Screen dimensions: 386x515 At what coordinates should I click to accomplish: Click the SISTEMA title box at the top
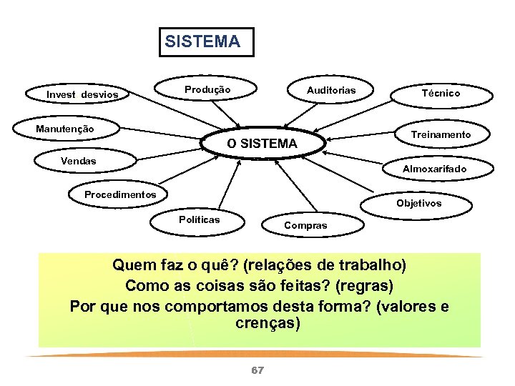202,41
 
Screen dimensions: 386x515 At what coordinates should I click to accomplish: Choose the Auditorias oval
330,90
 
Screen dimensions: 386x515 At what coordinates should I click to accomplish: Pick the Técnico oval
441,93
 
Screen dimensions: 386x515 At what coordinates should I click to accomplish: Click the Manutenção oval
65,129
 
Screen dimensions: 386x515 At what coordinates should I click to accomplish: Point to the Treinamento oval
441,134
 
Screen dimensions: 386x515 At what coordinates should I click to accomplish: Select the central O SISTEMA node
262,144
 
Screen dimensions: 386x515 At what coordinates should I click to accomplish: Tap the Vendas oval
78,161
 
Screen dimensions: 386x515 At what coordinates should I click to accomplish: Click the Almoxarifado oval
435,169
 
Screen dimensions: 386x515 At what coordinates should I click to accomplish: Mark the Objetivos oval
419,203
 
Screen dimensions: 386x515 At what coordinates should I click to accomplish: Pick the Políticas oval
199,219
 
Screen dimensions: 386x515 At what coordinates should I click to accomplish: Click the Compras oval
305,225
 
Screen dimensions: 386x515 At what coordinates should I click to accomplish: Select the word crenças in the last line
268,323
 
